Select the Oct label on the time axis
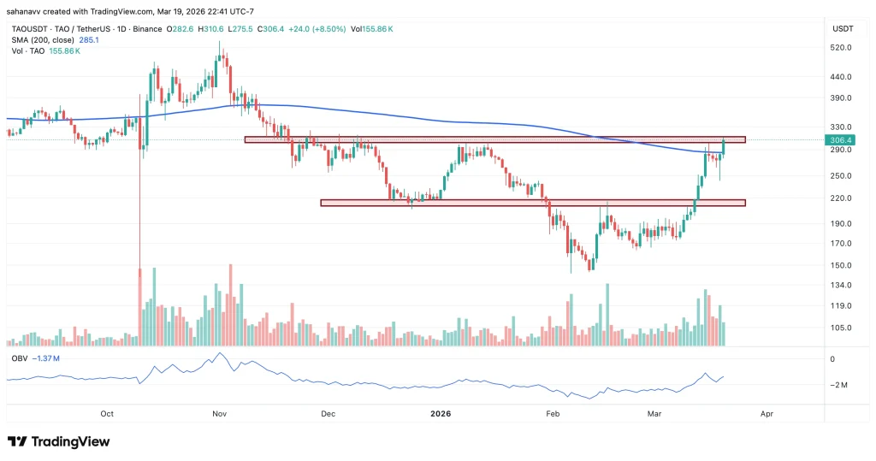point(107,414)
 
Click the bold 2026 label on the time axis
point(440,414)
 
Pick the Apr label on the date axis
point(766,414)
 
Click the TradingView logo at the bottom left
point(59,441)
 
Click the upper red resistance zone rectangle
point(494,139)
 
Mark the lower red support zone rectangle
point(532,203)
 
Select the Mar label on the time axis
point(654,414)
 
